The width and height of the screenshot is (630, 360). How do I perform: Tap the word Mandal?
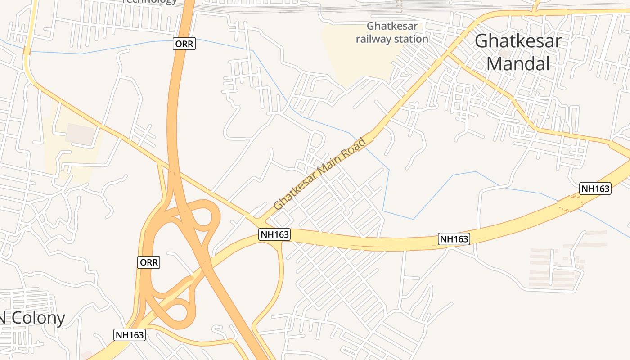(518, 64)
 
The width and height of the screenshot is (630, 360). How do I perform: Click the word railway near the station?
(373, 39)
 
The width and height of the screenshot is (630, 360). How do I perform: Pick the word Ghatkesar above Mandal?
(518, 41)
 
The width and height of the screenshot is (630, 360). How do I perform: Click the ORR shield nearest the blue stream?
(184, 44)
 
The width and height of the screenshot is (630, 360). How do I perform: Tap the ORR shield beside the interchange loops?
(149, 262)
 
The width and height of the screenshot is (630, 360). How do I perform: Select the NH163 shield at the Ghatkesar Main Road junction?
(274, 234)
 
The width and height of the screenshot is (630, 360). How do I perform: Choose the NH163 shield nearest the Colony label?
(130, 335)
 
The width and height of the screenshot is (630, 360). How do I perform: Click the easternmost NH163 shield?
(595, 189)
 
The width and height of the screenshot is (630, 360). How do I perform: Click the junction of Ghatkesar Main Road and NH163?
(261, 223)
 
